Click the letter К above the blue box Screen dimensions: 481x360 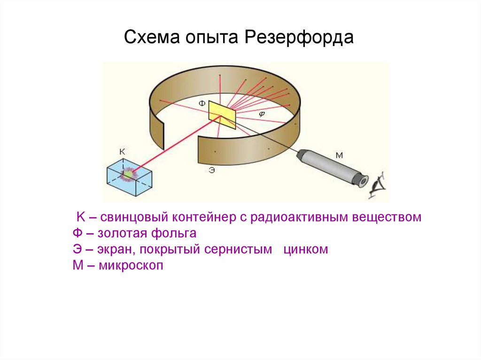122,151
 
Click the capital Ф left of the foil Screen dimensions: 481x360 201,103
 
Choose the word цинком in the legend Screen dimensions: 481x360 305,249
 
